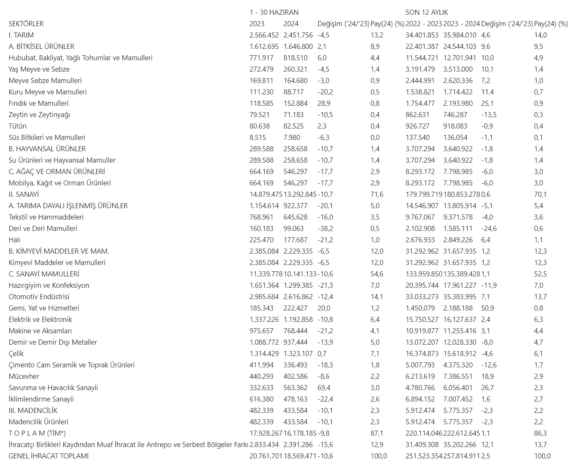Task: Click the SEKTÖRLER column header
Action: click(26, 24)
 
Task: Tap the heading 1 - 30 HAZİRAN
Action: click(274, 13)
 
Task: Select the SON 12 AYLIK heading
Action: click(427, 13)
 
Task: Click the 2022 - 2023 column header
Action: click(424, 24)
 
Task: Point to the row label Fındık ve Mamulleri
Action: click(38, 104)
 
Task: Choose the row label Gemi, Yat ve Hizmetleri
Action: click(44, 308)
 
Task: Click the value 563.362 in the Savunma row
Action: click(296, 388)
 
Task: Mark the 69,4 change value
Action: click(324, 388)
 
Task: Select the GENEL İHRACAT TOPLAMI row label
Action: click(48, 456)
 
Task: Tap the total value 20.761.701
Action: click(266, 456)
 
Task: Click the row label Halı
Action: click(14, 240)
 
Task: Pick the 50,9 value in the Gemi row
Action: click(487, 308)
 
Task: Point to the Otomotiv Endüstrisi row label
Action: click(39, 297)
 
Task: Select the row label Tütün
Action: click(17, 126)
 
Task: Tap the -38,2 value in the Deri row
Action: click(325, 229)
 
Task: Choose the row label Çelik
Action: click(16, 354)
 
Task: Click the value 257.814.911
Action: click(461, 456)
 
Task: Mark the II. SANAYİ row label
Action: click(24, 195)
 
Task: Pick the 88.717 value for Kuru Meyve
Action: click(293, 92)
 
